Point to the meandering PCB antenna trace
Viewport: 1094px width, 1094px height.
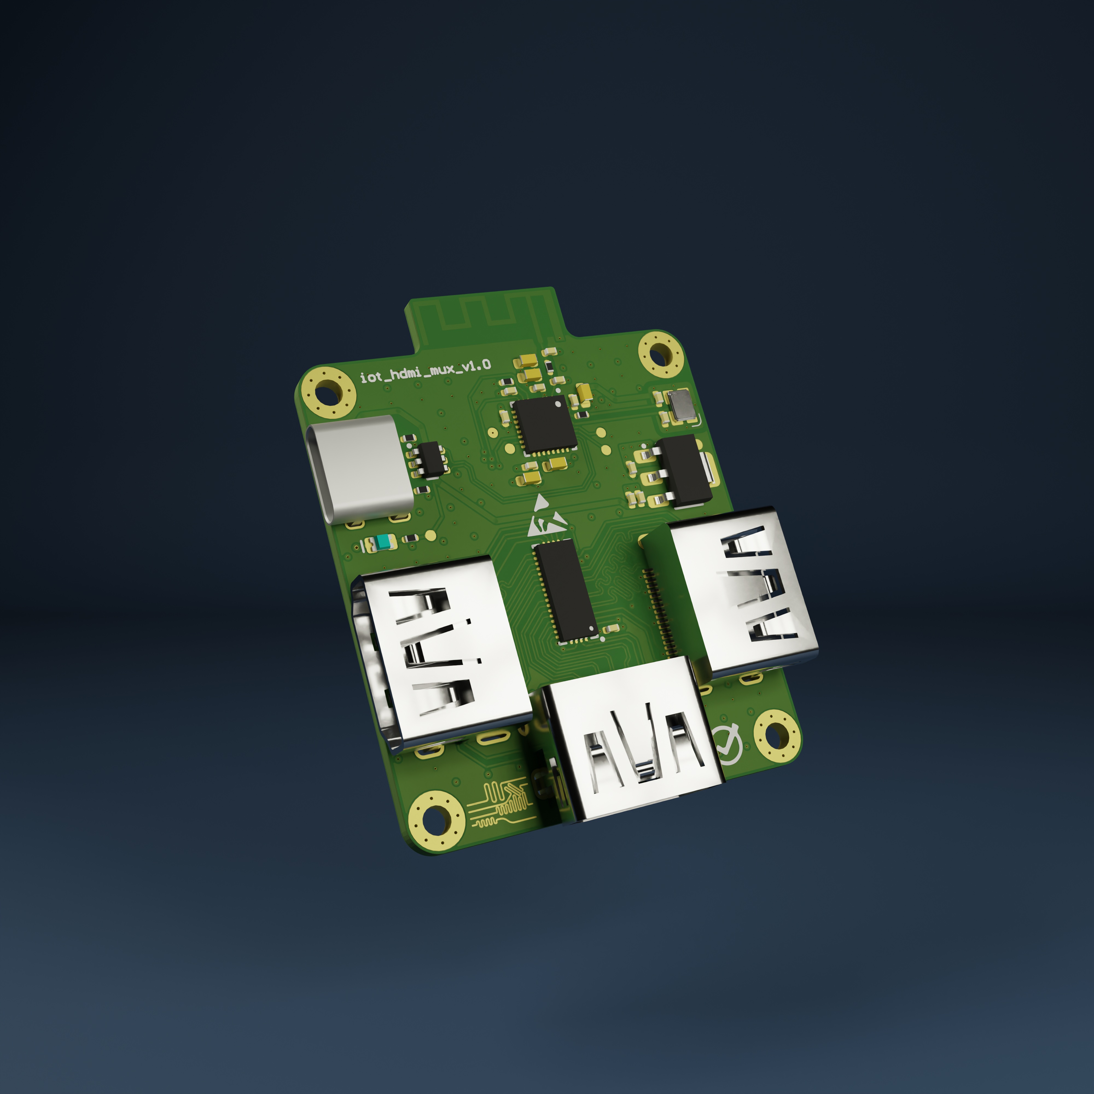481,314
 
